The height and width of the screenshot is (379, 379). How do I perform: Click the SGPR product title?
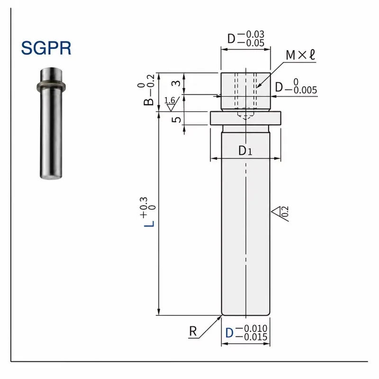(46, 48)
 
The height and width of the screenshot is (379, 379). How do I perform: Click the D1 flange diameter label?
(245, 151)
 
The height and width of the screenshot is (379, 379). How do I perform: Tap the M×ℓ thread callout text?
(300, 55)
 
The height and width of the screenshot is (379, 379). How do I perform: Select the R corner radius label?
(193, 331)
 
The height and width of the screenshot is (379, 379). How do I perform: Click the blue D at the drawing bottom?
(229, 333)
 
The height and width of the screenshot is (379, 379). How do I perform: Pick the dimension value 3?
(176, 83)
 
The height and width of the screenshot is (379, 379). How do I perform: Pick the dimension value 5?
(176, 119)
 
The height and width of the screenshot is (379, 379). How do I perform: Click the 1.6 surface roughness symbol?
(172, 104)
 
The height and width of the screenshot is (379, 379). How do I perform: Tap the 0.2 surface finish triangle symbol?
(280, 213)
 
